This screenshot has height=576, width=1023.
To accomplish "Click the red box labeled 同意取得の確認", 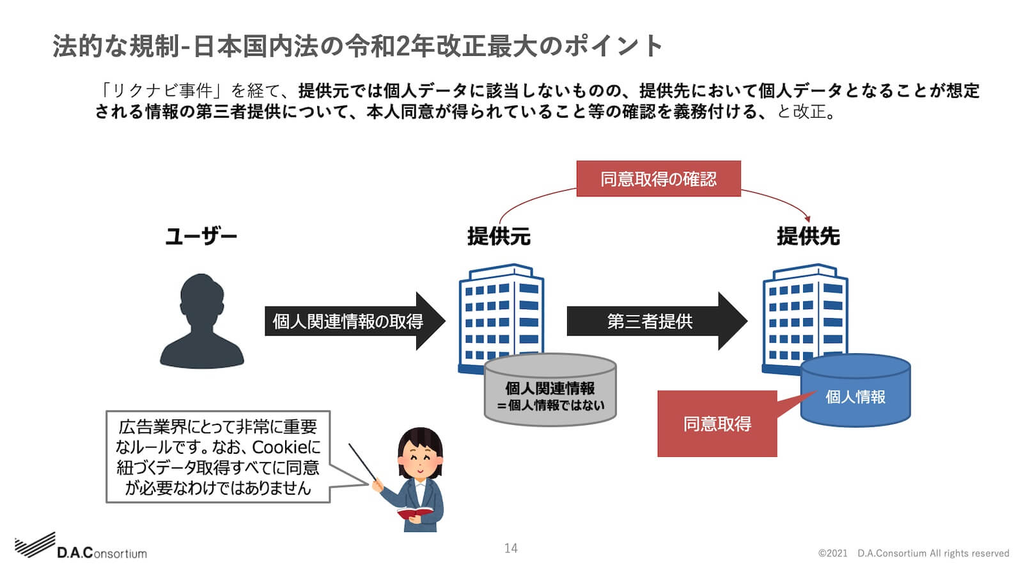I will coord(658,179).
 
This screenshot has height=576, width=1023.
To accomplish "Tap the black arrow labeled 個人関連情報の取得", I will coord(348,321).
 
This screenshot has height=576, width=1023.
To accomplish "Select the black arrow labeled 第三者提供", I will coord(650,321).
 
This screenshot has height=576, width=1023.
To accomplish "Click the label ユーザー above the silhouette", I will coord(201,237).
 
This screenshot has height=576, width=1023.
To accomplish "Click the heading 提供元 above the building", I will coord(499,237).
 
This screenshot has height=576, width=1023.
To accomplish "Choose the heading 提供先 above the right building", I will coord(808,237).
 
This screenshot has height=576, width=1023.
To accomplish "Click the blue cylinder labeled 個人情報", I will coord(855,397).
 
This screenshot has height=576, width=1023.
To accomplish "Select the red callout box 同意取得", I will coord(717,424).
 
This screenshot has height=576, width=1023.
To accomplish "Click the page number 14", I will coord(510,548).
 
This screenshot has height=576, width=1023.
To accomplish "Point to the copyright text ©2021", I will coord(832,553).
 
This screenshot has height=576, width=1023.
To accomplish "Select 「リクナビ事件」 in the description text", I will coord(161,90).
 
